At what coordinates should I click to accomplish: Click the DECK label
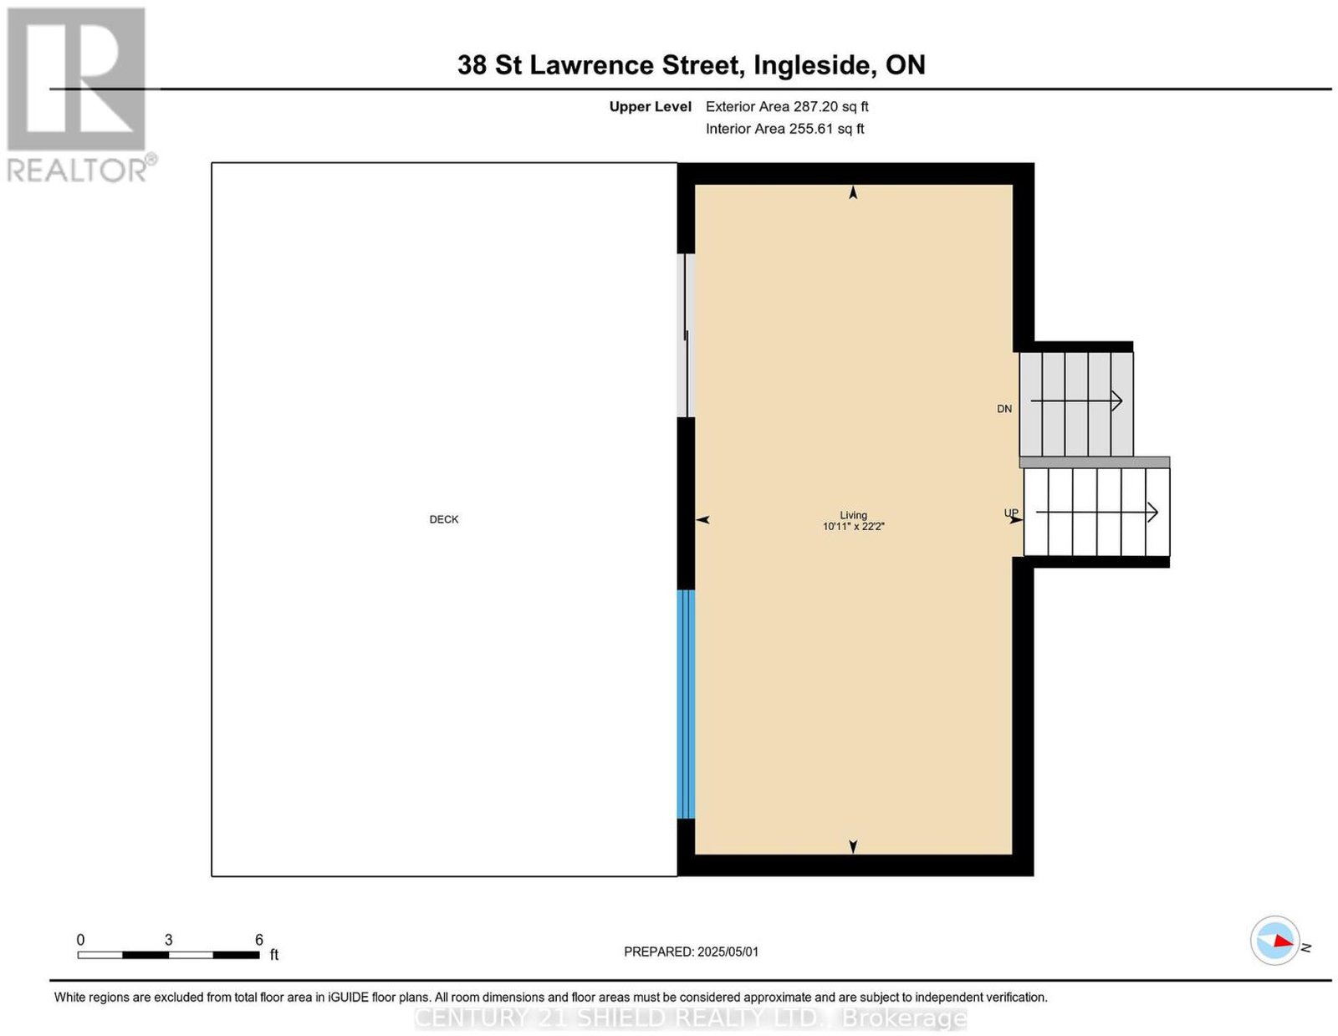(x=443, y=519)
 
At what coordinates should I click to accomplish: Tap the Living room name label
(x=853, y=515)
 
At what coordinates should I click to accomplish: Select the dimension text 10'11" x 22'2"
(x=854, y=526)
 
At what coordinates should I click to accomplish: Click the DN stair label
(x=1004, y=409)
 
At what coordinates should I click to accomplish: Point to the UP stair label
(x=1010, y=513)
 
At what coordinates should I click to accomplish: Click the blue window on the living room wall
(x=686, y=704)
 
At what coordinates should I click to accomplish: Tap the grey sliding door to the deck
(x=686, y=335)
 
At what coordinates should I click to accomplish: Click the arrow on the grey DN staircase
(x=1076, y=401)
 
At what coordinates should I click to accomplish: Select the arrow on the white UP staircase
(x=1096, y=513)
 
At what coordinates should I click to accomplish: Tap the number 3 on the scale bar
(x=168, y=940)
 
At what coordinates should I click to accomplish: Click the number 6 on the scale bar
(x=259, y=940)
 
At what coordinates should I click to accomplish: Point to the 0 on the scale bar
(x=80, y=940)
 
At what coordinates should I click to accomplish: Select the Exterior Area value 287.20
(x=815, y=106)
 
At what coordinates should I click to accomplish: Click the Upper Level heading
(x=651, y=107)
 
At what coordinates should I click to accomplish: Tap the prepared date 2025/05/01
(x=728, y=952)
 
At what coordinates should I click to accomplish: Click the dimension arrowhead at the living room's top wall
(x=853, y=192)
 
